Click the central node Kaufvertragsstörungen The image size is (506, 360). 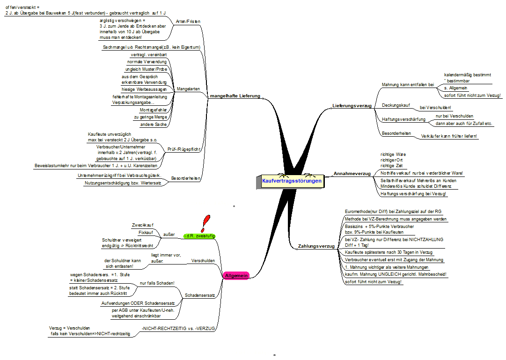coord(292,181)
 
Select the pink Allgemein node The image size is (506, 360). coord(236,276)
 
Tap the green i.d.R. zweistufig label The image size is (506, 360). coord(199,236)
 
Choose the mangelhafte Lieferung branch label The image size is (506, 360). coord(235,96)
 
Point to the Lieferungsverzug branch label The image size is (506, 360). coord(352,106)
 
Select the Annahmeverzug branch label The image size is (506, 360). coord(352,174)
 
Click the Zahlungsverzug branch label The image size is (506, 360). coord(316,246)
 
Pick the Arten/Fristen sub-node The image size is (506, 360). coord(184,22)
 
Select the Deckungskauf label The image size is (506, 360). coord(396,105)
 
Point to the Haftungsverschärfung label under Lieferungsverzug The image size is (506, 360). coord(403,119)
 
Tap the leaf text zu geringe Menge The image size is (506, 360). coord(150,117)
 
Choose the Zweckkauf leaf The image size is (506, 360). coord(143,225)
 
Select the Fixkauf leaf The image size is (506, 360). coord(146,233)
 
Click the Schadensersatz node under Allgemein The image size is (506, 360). coord(200,295)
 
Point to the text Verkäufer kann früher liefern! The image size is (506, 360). coord(449,136)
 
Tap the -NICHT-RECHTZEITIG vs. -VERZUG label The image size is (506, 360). coord(178,329)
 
